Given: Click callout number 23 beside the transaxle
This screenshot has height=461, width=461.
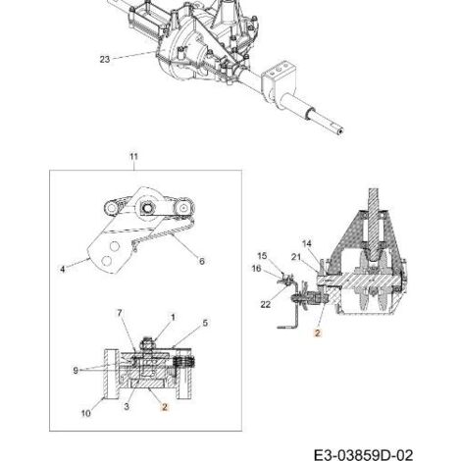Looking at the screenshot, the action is click(105, 60).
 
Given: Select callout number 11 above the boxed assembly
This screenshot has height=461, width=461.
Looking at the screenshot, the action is click(133, 157).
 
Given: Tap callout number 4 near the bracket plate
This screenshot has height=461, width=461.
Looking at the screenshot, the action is click(63, 269).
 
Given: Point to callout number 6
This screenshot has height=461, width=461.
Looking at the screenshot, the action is click(202, 261).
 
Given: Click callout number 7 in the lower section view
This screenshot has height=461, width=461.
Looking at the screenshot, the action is click(120, 313).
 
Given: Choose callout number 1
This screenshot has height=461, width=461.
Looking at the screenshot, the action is click(173, 317).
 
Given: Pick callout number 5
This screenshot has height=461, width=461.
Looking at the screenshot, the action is click(205, 323).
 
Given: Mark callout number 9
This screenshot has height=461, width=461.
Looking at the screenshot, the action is click(76, 371).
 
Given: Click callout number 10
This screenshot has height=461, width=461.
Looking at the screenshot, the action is click(85, 413).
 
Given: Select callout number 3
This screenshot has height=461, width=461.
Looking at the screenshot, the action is click(127, 406).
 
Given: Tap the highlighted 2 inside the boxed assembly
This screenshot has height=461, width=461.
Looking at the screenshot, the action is click(165, 407).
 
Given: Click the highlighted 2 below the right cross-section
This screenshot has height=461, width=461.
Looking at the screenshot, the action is click(318, 333).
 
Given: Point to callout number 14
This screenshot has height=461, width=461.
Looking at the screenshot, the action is click(307, 243).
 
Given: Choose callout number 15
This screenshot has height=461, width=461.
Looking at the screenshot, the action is click(262, 255).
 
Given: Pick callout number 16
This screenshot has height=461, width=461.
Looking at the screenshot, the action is click(256, 269).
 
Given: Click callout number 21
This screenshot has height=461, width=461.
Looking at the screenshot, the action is click(296, 257).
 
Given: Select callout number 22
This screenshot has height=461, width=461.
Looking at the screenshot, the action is click(266, 304).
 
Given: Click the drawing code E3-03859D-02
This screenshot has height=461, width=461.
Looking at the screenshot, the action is click(363, 455).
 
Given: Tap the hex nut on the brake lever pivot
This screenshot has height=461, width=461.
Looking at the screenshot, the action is click(146, 207).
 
